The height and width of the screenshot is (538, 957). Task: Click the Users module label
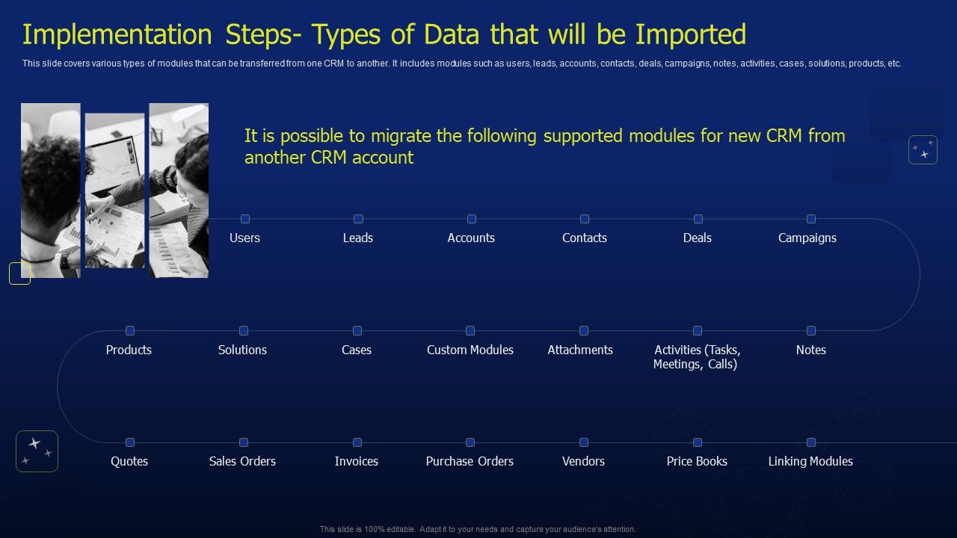point(244,238)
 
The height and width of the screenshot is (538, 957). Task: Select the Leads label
point(357,238)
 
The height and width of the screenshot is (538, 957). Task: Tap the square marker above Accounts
point(471,219)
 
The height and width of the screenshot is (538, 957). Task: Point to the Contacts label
point(584,238)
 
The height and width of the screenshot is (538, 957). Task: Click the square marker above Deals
point(698,219)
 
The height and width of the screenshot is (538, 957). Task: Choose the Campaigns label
point(807,238)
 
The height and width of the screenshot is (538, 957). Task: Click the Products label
point(129,350)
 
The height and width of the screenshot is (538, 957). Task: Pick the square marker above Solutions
point(243,330)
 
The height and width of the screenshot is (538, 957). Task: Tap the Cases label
point(356,350)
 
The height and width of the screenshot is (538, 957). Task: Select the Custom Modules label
point(470,350)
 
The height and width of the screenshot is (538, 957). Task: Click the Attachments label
point(579,350)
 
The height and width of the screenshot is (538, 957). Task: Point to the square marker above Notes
point(810,330)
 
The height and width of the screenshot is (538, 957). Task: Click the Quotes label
point(129,461)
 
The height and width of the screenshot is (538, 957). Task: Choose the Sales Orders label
point(242,461)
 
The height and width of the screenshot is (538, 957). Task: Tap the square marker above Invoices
point(357,442)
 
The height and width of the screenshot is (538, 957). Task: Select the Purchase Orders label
point(470,461)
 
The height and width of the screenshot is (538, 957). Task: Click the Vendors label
point(583,461)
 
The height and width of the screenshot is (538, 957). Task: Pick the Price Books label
point(697,461)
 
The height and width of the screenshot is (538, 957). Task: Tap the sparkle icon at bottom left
point(37,451)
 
